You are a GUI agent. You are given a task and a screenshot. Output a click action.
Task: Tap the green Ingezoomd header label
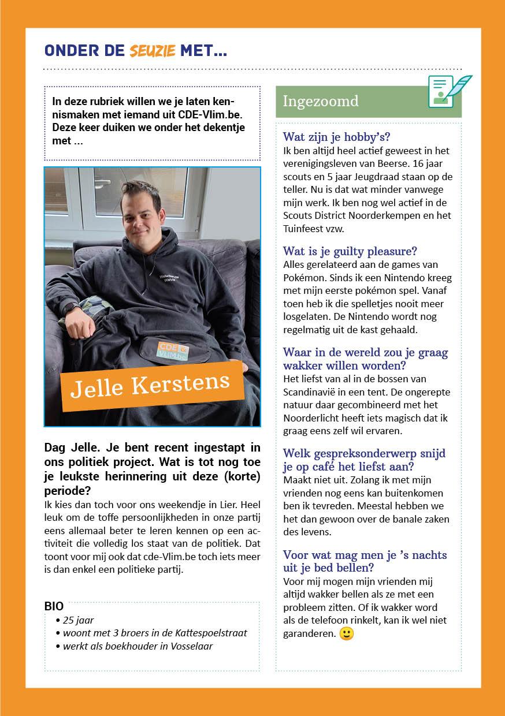[x=320, y=101]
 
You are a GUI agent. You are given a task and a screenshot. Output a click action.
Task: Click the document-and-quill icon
[x=448, y=91]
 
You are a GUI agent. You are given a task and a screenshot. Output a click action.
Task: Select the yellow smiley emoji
[x=347, y=633]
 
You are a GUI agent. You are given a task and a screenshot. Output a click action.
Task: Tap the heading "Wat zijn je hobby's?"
[x=336, y=137]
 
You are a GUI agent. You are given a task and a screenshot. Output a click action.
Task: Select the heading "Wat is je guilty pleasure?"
[x=350, y=251]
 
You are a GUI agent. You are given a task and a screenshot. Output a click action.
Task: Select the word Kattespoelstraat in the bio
[x=211, y=633]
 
